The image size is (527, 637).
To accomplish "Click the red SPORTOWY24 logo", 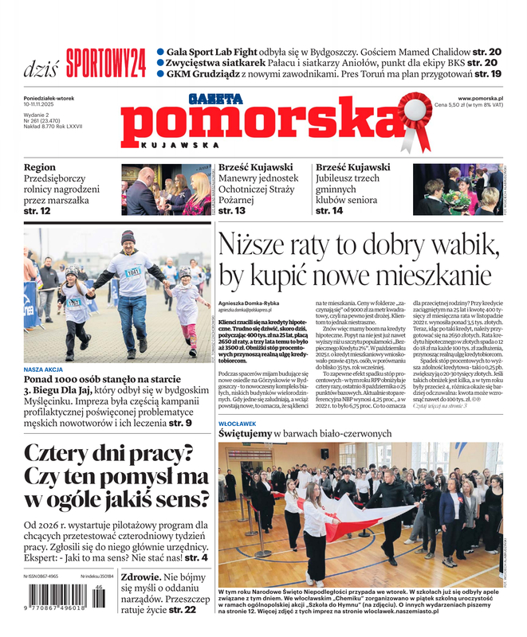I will pos(106,61).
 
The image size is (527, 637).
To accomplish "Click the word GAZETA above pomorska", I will pos(215,100).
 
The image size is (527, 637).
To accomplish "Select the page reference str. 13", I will pos(232,211).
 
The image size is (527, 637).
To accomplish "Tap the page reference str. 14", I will pos(329,211).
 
